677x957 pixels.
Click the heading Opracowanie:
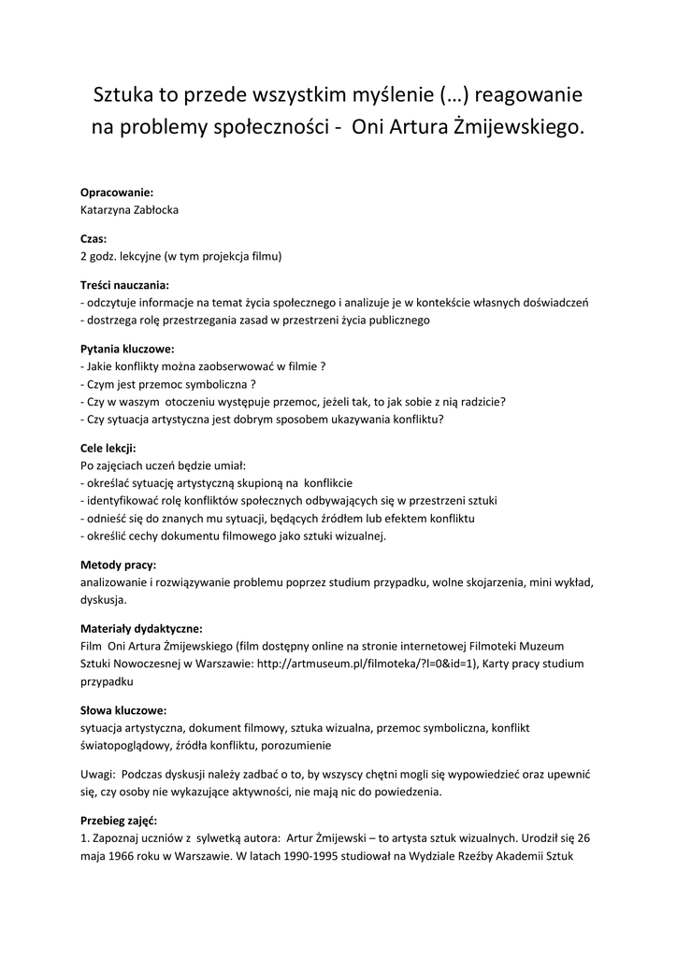[117, 193]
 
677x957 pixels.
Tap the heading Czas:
[94, 238]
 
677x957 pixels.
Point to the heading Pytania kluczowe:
[127, 348]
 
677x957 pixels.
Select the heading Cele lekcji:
[108, 447]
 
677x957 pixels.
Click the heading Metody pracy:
[119, 564]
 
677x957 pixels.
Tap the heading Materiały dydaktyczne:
[141, 628]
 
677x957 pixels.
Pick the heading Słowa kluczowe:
[124, 709]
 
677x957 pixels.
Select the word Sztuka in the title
[124, 94]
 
